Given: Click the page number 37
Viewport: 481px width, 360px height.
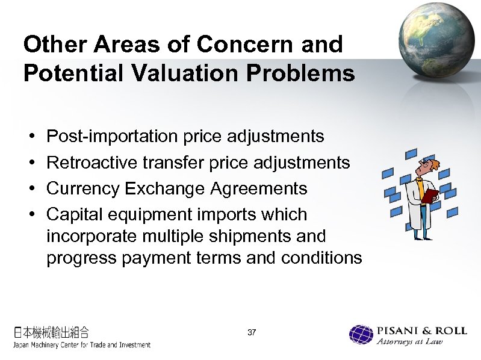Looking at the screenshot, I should pyautogui.click(x=252, y=332).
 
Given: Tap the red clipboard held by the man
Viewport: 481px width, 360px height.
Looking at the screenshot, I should pyautogui.click(x=430, y=196).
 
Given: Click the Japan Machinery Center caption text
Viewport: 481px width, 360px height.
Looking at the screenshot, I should pyautogui.click(x=82, y=345).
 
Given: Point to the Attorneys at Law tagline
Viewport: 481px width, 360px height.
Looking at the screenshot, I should pyautogui.click(x=409, y=343).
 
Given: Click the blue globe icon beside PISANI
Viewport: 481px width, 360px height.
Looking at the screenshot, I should pyautogui.click(x=361, y=335).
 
